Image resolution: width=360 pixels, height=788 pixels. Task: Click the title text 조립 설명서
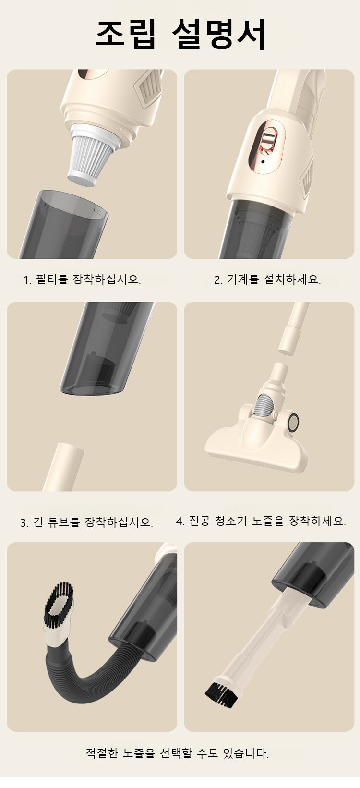(180, 34)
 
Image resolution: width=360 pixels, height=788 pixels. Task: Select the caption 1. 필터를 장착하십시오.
(82, 279)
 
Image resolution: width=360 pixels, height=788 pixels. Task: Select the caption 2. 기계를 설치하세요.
(267, 279)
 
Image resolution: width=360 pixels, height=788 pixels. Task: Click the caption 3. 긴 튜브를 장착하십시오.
(86, 522)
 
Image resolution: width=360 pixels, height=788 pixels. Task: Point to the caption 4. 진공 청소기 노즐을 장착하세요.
(261, 521)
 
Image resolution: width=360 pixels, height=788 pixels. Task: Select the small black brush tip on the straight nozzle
(221, 693)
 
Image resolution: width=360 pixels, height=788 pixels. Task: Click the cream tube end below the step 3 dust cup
(63, 467)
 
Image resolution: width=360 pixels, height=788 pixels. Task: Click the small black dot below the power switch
(263, 162)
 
